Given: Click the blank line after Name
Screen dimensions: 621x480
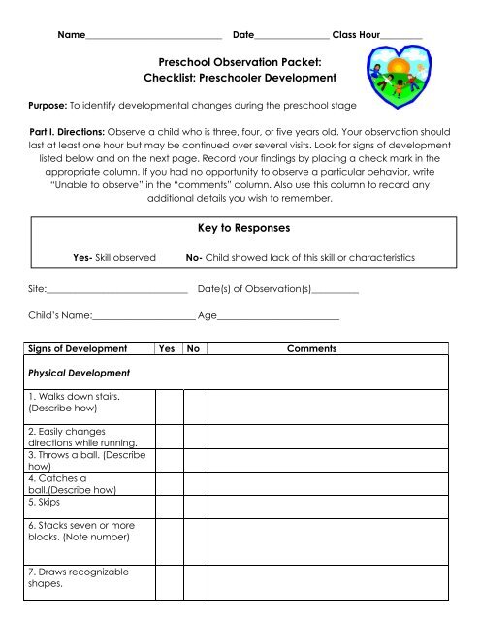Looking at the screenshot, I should point(154,35).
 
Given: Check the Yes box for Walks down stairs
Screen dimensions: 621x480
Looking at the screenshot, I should point(167,402).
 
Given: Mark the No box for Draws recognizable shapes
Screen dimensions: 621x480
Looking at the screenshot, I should point(194,580).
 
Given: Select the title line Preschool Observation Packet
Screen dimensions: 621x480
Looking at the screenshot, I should point(240,61).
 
